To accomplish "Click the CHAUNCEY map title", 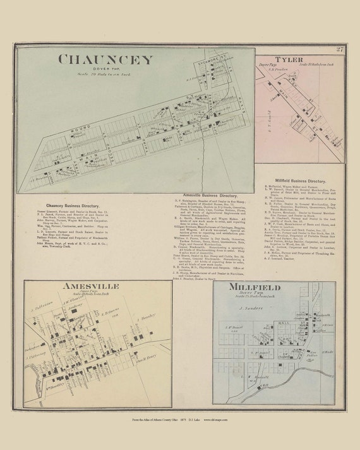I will click(105, 61).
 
